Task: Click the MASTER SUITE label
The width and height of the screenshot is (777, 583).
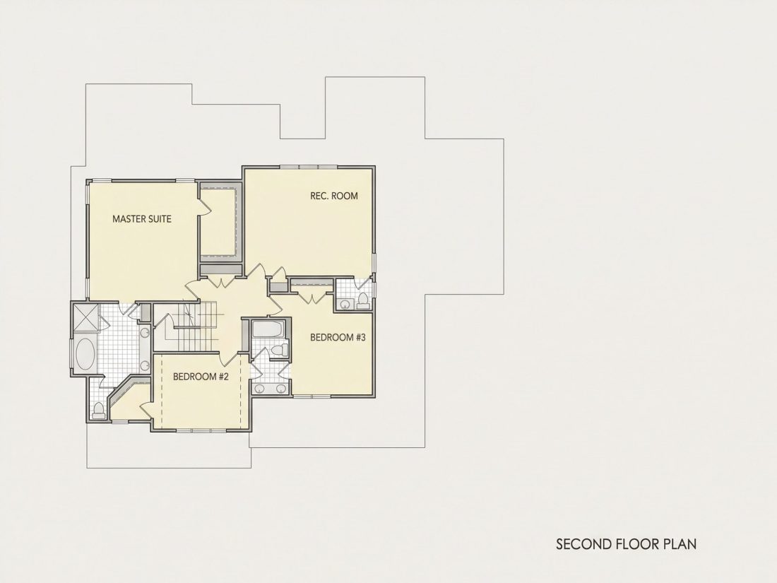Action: point(142,218)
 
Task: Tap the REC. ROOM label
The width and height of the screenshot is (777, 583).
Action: point(334,196)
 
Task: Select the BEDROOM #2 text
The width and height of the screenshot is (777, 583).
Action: point(201,377)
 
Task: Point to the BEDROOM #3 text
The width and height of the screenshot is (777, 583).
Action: point(338,338)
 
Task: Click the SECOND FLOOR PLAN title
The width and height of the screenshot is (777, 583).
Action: point(626,544)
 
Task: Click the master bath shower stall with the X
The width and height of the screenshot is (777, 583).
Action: point(86,317)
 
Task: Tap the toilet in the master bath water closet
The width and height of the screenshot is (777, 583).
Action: point(99,409)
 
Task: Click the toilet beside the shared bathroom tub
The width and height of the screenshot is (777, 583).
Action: point(279,350)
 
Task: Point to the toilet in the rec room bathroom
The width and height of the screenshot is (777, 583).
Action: point(363,300)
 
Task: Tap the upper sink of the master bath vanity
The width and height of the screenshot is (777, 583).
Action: point(145,333)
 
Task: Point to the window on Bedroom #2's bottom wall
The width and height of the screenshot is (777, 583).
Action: point(201,430)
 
